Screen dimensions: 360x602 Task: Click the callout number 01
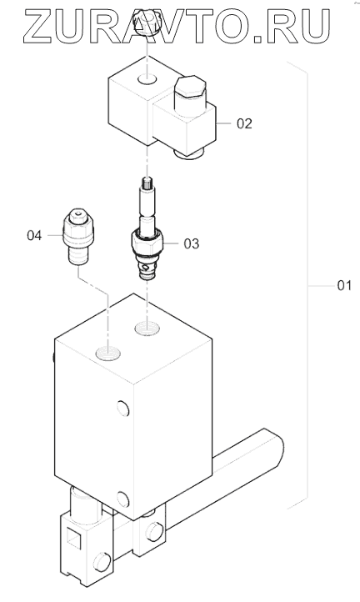click(x=344, y=286)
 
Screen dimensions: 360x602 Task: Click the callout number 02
click(x=244, y=123)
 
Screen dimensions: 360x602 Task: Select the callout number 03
click(x=192, y=243)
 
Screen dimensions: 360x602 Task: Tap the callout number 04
click(x=34, y=235)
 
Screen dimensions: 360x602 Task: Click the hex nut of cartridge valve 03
click(x=147, y=240)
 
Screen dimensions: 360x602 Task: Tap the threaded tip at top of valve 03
click(x=147, y=183)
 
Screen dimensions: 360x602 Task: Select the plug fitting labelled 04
click(x=78, y=237)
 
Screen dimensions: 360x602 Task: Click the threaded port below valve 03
click(x=147, y=329)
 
